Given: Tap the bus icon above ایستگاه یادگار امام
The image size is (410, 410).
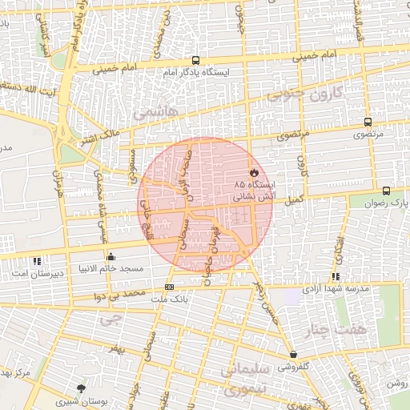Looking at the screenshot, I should point(196,60).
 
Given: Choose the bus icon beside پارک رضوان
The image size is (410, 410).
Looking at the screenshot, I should point(387,191).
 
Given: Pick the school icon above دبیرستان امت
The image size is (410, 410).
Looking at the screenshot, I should point(36,261).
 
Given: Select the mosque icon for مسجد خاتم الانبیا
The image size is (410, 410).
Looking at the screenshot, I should point(111,258).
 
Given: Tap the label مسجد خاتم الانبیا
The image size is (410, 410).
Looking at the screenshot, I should point(111,268).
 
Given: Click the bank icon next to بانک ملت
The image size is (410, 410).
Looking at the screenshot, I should point(169,287).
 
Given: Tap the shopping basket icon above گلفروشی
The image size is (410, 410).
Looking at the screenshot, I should point(293,355).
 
